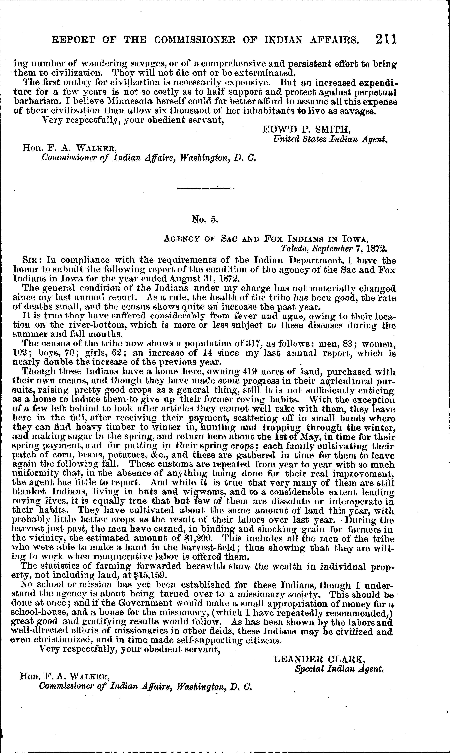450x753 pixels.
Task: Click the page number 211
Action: click(x=386, y=39)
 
